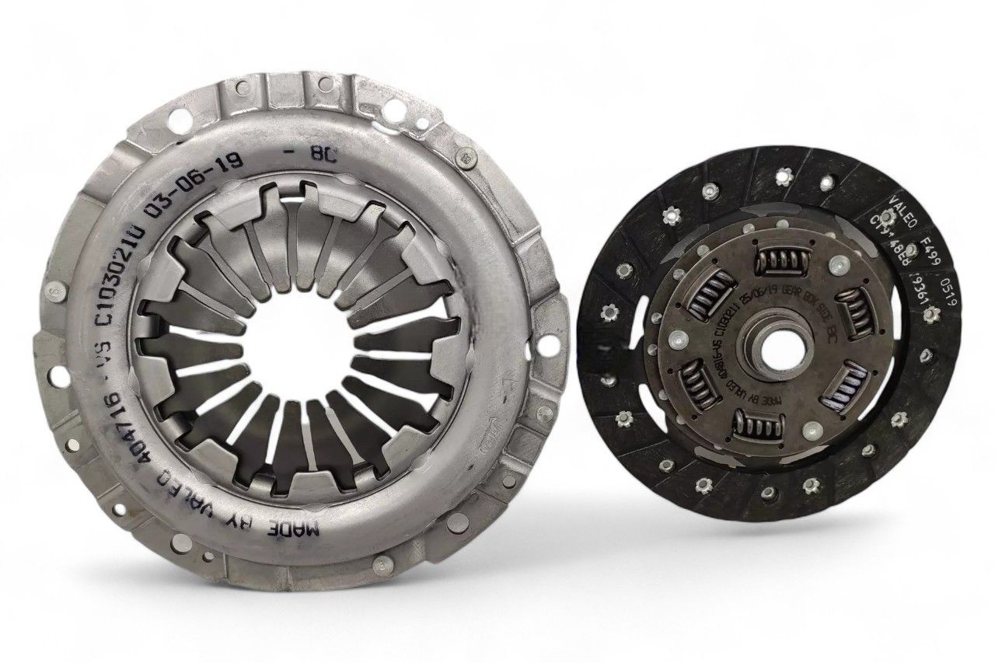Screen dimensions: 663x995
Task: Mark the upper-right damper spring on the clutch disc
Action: [x=854, y=309]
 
